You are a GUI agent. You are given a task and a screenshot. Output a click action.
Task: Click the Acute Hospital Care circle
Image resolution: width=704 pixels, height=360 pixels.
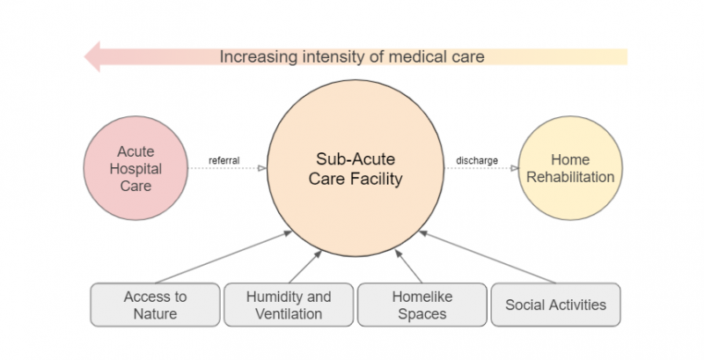pyautogui.click(x=136, y=168)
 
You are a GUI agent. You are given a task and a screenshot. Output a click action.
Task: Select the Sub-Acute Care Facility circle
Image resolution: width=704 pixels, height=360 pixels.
pyautogui.click(x=356, y=168)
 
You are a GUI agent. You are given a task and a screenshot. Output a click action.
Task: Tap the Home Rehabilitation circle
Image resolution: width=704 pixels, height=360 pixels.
pyautogui.click(x=570, y=168)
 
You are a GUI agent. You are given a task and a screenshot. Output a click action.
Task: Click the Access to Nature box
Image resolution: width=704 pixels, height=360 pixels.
pyautogui.click(x=156, y=305)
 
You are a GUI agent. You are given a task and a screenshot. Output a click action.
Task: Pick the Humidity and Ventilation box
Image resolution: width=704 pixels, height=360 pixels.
pyautogui.click(x=289, y=305)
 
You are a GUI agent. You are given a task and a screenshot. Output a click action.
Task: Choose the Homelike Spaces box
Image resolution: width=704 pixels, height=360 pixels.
pyautogui.click(x=422, y=305)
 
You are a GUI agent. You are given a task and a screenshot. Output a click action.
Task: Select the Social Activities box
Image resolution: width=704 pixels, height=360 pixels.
pyautogui.click(x=556, y=305)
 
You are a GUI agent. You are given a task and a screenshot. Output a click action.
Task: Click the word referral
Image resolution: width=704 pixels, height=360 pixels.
pyautogui.click(x=224, y=160)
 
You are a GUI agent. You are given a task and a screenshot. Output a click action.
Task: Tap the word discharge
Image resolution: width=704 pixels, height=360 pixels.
pyautogui.click(x=477, y=160)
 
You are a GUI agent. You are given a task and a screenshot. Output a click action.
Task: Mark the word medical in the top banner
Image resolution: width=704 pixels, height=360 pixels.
pyautogui.click(x=414, y=56)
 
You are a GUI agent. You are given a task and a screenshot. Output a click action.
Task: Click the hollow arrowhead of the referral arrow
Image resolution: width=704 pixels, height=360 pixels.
pyautogui.click(x=261, y=168)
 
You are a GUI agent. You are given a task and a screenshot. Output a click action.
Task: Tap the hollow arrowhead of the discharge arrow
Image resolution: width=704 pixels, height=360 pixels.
pyautogui.click(x=514, y=168)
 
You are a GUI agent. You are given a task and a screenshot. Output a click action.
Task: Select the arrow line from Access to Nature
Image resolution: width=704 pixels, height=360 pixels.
pyautogui.click(x=224, y=257)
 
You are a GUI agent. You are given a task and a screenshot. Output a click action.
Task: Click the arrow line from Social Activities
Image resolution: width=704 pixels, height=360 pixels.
pyautogui.click(x=488, y=257)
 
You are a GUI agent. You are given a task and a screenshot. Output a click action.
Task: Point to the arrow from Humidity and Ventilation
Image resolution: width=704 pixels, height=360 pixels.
pyautogui.click(x=305, y=267)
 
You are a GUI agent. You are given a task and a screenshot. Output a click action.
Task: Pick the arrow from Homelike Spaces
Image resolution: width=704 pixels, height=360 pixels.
pyautogui.click(x=408, y=267)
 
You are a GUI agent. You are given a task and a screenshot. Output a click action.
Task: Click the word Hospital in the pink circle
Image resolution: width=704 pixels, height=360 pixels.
pyautogui.click(x=136, y=169)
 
